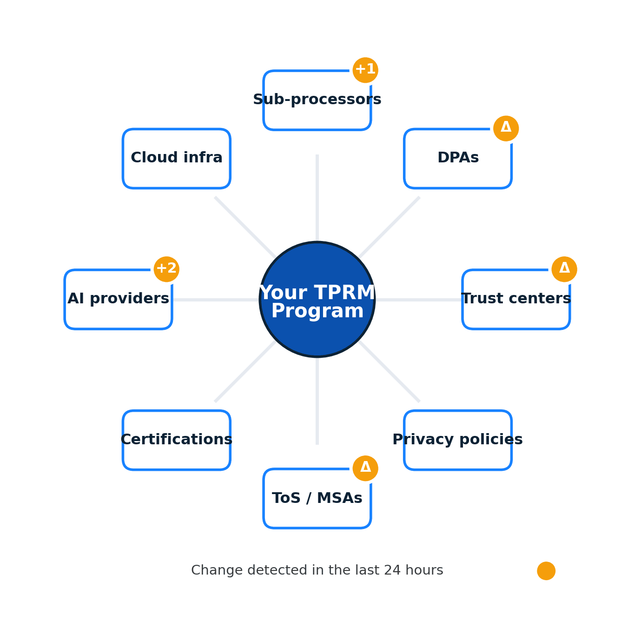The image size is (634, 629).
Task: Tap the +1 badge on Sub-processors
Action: pyautogui.click(x=365, y=70)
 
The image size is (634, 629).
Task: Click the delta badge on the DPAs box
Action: pyautogui.click(x=506, y=128)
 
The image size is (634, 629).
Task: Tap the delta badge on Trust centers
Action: pyautogui.click(x=564, y=269)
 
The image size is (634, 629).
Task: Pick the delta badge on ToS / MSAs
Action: pyautogui.click(x=365, y=468)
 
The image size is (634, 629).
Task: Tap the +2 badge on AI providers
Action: pyautogui.click(x=166, y=269)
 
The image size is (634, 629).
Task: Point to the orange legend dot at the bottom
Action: pyautogui.click(x=546, y=571)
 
